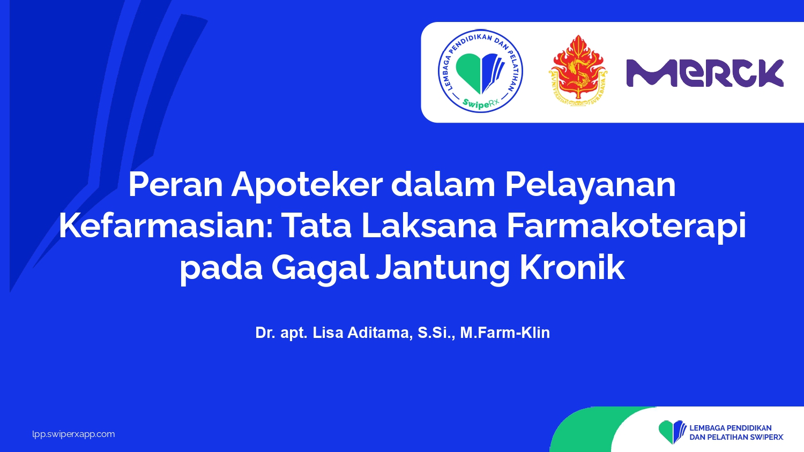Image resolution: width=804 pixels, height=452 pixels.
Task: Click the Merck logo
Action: [x=705, y=73]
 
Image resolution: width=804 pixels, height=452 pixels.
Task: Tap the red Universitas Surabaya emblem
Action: [x=578, y=71]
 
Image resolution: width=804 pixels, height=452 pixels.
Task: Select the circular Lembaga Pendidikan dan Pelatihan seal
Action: [x=480, y=71]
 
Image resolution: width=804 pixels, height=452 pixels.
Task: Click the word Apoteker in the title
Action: [x=307, y=186]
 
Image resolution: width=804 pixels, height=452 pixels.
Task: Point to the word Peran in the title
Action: [x=175, y=185]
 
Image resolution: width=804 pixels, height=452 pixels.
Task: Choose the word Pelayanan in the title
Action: [x=591, y=186]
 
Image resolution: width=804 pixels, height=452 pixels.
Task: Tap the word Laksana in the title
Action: [x=429, y=226]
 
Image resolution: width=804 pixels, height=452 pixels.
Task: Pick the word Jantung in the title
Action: [x=443, y=269]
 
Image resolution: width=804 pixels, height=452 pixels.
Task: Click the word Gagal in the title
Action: [x=320, y=269]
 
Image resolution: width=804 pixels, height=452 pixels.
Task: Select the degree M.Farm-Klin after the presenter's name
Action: [x=505, y=333]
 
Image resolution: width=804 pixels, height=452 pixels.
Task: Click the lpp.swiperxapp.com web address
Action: [x=73, y=434]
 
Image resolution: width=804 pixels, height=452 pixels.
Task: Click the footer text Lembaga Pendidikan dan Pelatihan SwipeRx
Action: [x=736, y=432]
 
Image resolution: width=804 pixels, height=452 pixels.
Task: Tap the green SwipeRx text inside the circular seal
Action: [x=481, y=103]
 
